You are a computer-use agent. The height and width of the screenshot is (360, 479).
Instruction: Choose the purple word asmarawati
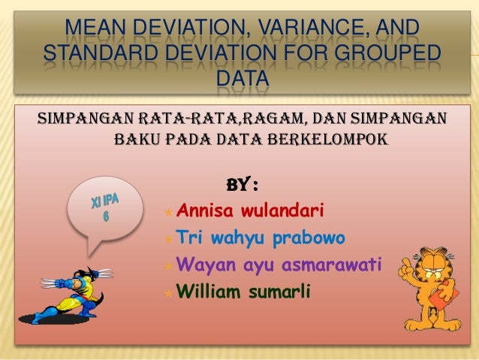331,265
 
